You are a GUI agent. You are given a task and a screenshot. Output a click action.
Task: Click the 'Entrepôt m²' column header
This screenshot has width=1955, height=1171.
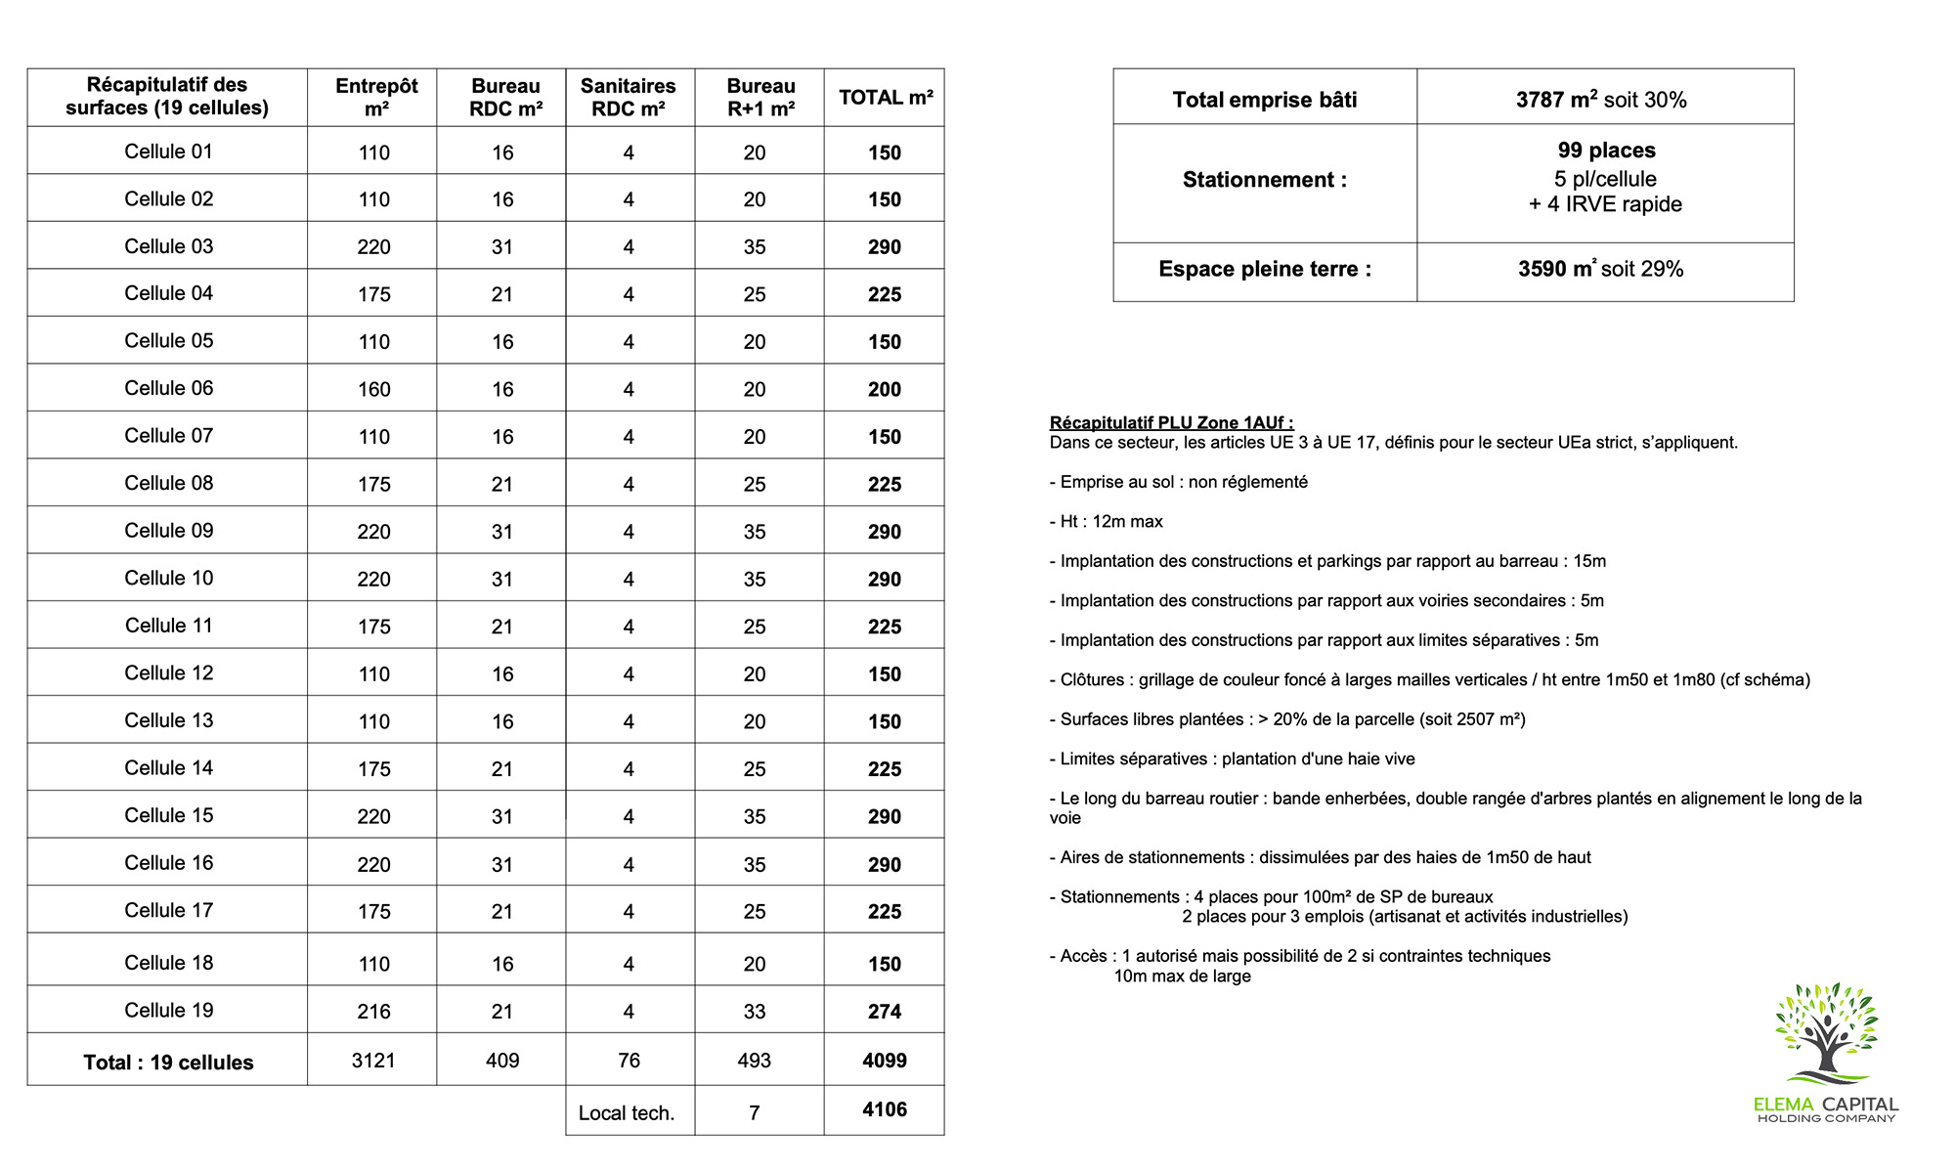(376, 97)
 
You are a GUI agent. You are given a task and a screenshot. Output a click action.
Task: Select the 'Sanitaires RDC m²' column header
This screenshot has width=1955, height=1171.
(629, 97)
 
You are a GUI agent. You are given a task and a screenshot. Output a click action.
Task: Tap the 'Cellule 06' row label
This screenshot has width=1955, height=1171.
(168, 388)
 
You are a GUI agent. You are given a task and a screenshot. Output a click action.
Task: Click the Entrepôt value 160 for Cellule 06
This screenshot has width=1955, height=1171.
(373, 389)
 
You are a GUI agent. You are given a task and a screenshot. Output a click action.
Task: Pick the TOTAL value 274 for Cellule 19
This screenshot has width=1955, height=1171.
(885, 1012)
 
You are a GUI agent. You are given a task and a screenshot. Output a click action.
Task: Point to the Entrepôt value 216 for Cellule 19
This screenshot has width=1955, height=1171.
(373, 1012)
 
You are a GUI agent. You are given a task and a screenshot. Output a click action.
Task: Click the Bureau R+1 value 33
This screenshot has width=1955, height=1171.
(755, 1012)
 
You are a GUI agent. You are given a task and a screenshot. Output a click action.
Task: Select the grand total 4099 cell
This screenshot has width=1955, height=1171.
(885, 1061)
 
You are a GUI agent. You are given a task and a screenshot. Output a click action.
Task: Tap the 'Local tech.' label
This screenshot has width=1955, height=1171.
(627, 1112)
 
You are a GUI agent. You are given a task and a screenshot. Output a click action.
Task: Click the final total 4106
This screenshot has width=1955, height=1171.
(885, 1109)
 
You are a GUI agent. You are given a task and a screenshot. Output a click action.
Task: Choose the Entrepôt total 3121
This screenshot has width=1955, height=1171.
(373, 1061)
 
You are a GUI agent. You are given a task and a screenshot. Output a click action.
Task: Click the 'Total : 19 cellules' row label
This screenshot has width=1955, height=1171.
(168, 1063)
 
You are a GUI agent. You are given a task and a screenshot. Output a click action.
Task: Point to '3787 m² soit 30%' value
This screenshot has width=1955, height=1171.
(1601, 100)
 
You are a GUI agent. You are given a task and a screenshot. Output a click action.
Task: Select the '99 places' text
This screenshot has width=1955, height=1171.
(1606, 151)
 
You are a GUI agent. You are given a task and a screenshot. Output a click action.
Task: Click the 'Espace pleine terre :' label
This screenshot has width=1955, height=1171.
(1265, 269)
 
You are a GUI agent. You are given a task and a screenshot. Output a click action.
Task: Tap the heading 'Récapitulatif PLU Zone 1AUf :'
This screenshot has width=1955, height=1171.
(1171, 422)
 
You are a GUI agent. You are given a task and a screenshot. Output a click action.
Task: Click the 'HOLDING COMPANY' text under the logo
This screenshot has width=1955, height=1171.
(1826, 1118)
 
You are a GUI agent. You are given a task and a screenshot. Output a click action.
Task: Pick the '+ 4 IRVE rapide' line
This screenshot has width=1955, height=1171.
(1605, 204)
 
